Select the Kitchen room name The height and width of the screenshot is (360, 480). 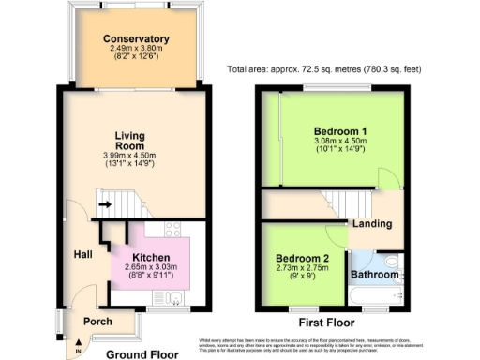tap(150, 256)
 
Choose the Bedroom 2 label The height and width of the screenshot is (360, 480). tap(302, 258)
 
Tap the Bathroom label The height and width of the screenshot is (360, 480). tap(374, 274)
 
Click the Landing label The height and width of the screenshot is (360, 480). tap(370, 223)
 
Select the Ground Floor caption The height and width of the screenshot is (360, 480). tap(142, 355)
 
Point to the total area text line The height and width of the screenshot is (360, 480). tap(343, 69)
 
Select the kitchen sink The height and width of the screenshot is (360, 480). tap(175, 299)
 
